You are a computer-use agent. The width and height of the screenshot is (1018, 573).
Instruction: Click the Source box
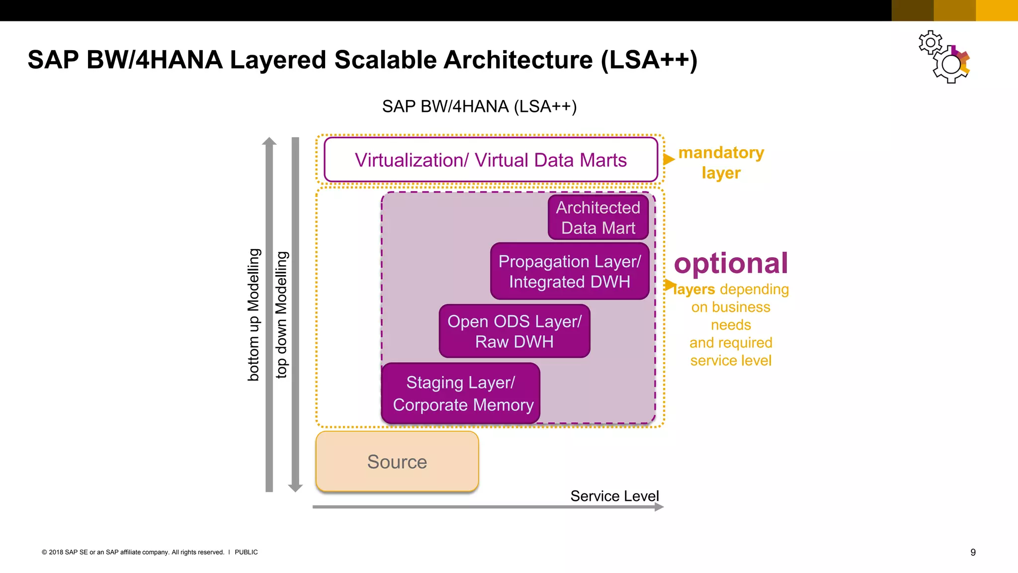point(397,462)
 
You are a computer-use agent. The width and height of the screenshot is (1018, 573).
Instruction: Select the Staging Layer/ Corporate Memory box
point(461,393)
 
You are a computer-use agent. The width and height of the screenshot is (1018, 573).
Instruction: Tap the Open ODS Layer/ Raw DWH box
point(514,331)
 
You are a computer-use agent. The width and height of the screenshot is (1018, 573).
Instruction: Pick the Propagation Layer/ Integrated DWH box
point(570,271)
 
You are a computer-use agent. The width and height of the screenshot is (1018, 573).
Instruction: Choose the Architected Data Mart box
point(598,217)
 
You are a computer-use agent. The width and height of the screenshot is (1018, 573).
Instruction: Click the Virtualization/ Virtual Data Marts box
point(491,160)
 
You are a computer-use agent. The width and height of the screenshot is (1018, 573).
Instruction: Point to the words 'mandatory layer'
point(721,162)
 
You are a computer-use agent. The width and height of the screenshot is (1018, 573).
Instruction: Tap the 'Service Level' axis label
point(614,496)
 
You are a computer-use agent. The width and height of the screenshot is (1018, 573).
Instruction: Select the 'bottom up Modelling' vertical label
point(254,314)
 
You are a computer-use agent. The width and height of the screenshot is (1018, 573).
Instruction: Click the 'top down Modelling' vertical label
point(281,314)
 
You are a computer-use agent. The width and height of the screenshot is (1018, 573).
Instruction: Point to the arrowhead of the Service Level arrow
point(659,507)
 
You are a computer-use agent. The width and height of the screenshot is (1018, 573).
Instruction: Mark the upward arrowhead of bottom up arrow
point(269,141)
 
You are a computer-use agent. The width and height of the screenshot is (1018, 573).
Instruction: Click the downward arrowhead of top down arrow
point(295,488)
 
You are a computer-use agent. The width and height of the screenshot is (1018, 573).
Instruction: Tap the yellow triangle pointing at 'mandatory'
point(669,159)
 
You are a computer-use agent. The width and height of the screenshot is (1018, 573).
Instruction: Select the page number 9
point(973,552)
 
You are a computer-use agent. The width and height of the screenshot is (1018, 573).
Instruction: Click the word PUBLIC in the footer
point(246,552)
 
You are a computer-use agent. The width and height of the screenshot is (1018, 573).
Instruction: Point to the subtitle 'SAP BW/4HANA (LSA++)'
point(479,106)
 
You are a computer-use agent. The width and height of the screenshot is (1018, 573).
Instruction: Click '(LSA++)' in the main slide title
point(649,60)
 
